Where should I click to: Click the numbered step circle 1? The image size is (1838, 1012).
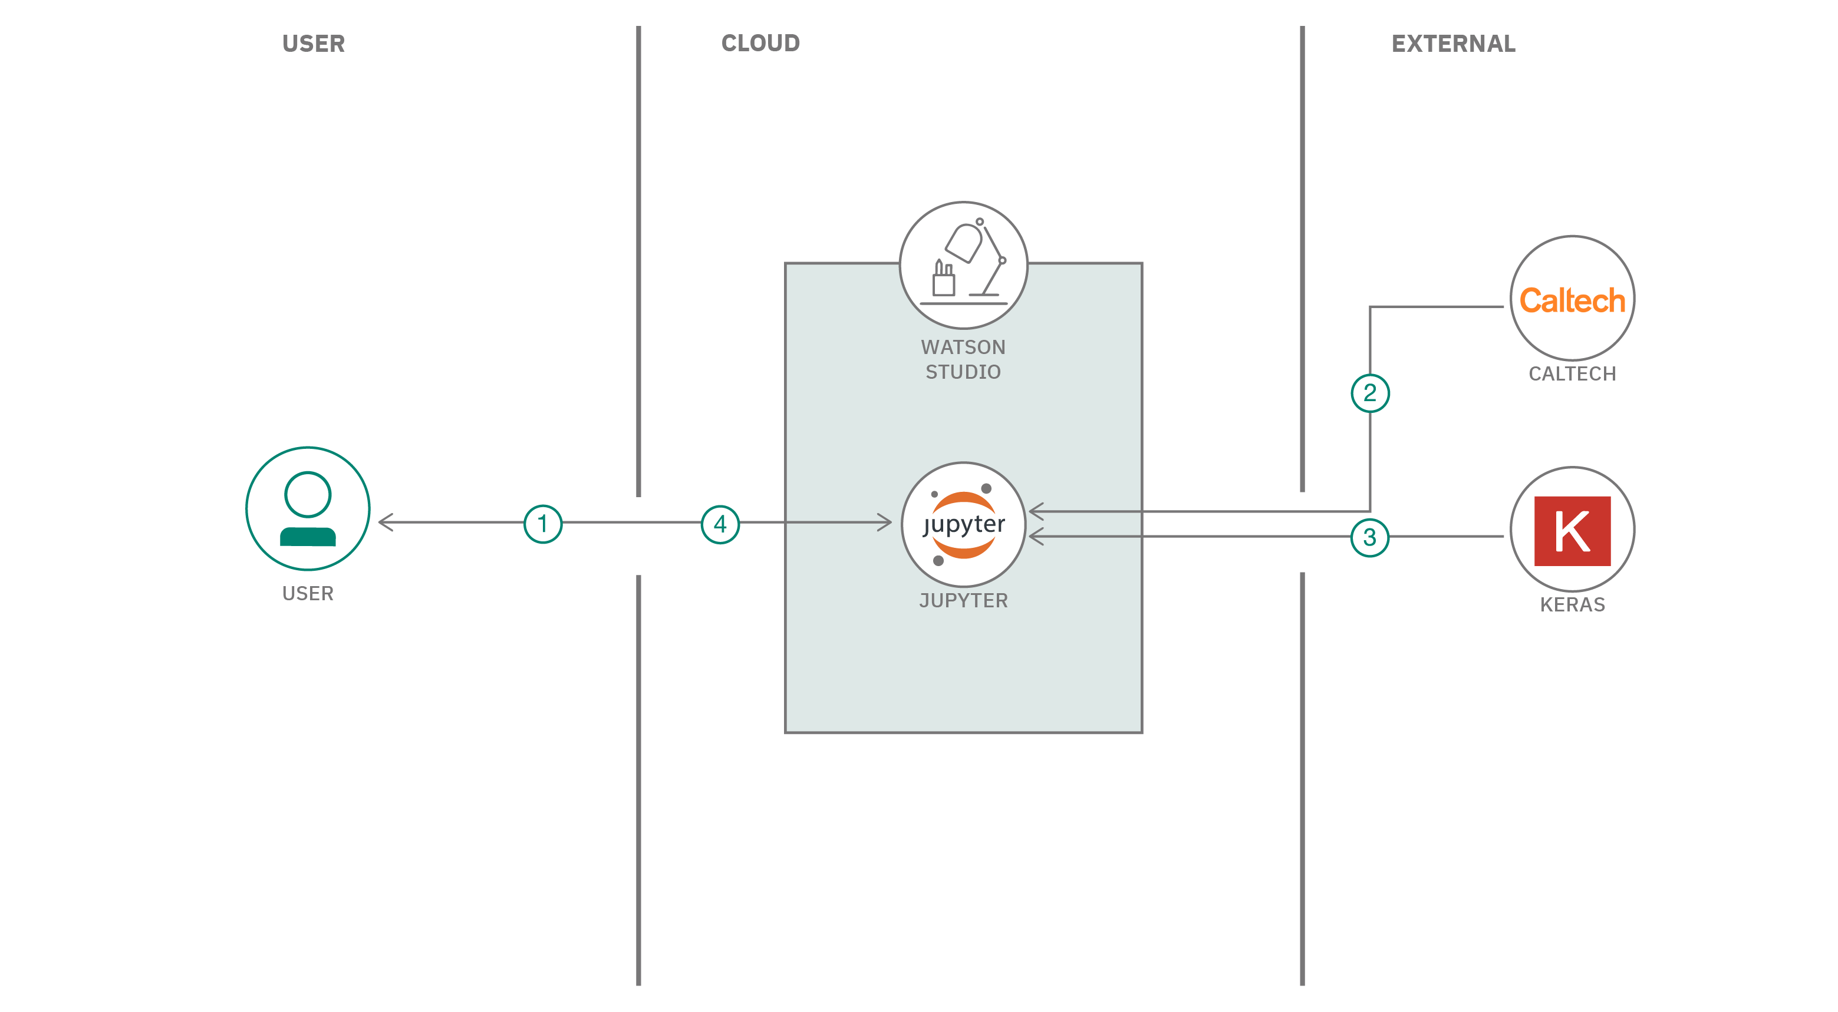[542, 524]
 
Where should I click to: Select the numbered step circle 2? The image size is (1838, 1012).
[1369, 393]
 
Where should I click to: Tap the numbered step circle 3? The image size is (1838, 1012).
[1369, 537]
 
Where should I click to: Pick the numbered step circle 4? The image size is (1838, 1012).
[720, 524]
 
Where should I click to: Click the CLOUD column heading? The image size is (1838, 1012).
[760, 44]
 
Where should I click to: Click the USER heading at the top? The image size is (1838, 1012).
[313, 44]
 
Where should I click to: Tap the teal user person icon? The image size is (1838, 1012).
[308, 508]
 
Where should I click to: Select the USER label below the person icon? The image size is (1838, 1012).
[308, 593]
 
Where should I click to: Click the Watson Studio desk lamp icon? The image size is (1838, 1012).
[963, 264]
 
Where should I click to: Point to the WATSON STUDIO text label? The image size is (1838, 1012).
[963, 359]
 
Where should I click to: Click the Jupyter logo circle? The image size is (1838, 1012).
[963, 524]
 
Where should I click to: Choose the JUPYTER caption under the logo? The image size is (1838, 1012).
[963, 600]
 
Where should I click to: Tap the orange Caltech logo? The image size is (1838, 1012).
[1572, 300]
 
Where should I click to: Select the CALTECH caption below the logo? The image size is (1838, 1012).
[1572, 373]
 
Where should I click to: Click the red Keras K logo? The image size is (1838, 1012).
[1572, 531]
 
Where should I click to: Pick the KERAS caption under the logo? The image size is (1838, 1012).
[1572, 605]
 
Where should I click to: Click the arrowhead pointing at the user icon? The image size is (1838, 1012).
[386, 522]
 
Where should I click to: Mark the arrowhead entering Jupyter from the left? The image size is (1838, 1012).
[885, 522]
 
